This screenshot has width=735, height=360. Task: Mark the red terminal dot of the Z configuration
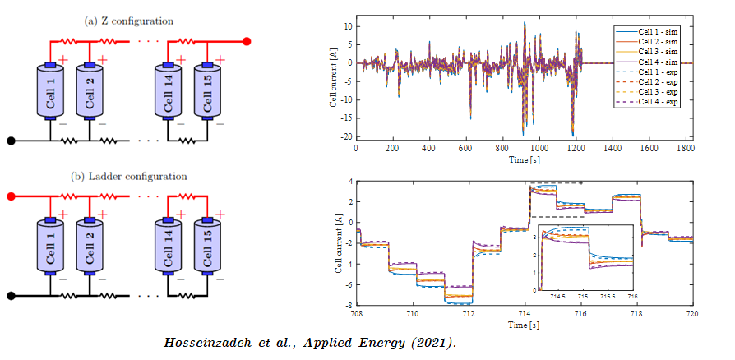pos(247,40)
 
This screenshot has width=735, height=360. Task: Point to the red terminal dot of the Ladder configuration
pos(11,196)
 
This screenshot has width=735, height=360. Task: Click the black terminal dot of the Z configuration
pos(11,141)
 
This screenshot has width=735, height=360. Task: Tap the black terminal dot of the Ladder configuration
pos(11,296)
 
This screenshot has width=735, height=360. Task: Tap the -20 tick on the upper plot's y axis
pos(348,136)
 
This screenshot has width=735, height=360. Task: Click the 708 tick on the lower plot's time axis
pos(357,313)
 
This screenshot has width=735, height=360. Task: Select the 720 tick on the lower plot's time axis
pos(691,313)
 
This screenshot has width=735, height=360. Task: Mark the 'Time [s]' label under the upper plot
pos(524,159)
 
